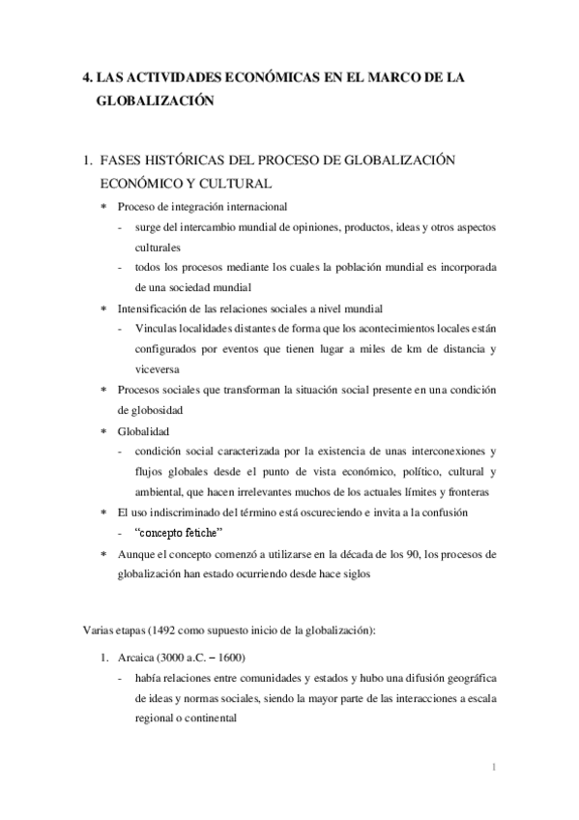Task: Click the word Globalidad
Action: pos(145,430)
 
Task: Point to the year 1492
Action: pos(155,630)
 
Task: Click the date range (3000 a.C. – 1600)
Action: pos(211,653)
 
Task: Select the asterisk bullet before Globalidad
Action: pos(104,431)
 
